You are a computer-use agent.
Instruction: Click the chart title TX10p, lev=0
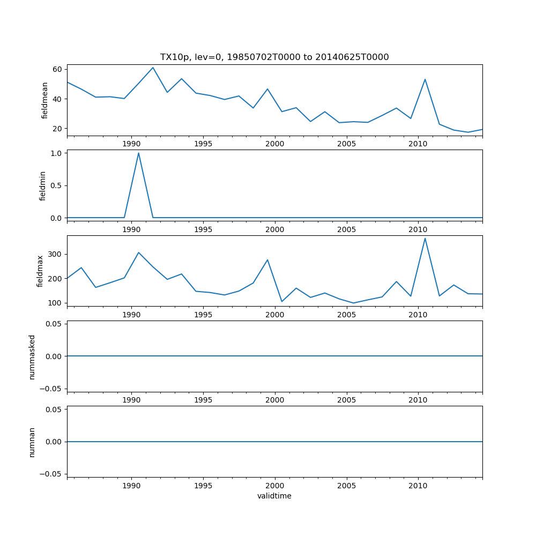pos(274,57)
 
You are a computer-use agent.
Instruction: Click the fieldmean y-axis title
pos(45,100)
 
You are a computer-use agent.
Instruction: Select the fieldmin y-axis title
pos(43,185)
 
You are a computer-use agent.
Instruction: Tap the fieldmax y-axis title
pos(40,271)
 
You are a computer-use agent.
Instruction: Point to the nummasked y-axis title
pos(32,357)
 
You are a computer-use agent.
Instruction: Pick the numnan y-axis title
pos(32,442)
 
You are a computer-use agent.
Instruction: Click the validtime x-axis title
pos(274,496)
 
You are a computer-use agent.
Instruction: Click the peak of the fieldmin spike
pos(138,153)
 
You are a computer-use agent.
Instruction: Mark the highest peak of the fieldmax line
pos(425,238)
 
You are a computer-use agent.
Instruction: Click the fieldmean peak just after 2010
pos(425,79)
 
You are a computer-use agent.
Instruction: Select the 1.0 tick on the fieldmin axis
pos(56,153)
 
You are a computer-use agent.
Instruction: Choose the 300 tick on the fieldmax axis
pos(55,254)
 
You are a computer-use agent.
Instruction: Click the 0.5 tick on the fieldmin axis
pos(56,185)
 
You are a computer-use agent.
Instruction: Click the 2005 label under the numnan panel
pos(347,486)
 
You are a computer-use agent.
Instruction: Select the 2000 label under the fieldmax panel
pos(275,315)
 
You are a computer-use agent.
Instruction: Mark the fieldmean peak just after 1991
pos(153,68)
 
